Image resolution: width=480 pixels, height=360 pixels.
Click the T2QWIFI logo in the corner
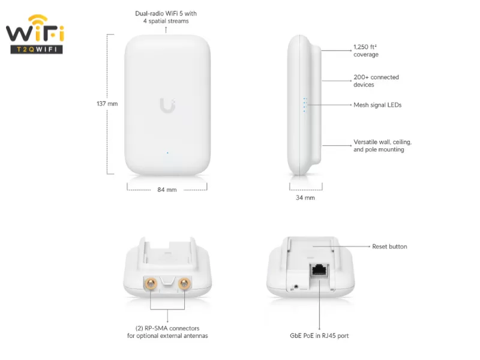pyautogui.click(x=35, y=34)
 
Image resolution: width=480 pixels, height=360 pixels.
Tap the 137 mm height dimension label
pyautogui.click(x=107, y=104)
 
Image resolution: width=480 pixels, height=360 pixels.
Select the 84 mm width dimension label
pyautogui.click(x=167, y=190)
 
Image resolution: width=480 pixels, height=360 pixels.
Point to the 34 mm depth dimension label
pyautogui.click(x=305, y=198)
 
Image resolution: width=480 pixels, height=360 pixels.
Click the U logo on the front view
pyautogui.click(x=167, y=106)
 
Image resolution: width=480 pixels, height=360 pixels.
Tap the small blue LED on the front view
pyautogui.click(x=167, y=153)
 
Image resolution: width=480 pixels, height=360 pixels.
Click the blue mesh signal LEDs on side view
pyautogui.click(x=305, y=105)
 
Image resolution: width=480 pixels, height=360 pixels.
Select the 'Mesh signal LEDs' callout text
pyautogui.click(x=377, y=105)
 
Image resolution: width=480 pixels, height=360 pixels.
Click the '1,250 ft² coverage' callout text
pyautogui.click(x=366, y=51)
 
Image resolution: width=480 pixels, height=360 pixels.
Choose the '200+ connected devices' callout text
pyautogui.click(x=376, y=81)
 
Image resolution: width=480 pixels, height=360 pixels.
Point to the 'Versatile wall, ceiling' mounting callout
pyautogui.click(x=382, y=146)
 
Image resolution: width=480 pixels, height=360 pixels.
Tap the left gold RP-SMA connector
pyautogui.click(x=151, y=284)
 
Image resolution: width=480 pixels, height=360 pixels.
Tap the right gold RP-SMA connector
pyautogui.click(x=184, y=284)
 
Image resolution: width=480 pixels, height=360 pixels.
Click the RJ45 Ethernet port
pyautogui.click(x=320, y=270)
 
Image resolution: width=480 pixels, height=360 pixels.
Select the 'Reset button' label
pyautogui.click(x=389, y=247)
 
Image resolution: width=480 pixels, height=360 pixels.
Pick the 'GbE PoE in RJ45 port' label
pyautogui.click(x=319, y=336)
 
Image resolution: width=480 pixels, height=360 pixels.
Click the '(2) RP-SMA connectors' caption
pyautogui.click(x=167, y=328)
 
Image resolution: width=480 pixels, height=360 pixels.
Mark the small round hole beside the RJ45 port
pyautogui.click(x=296, y=287)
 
